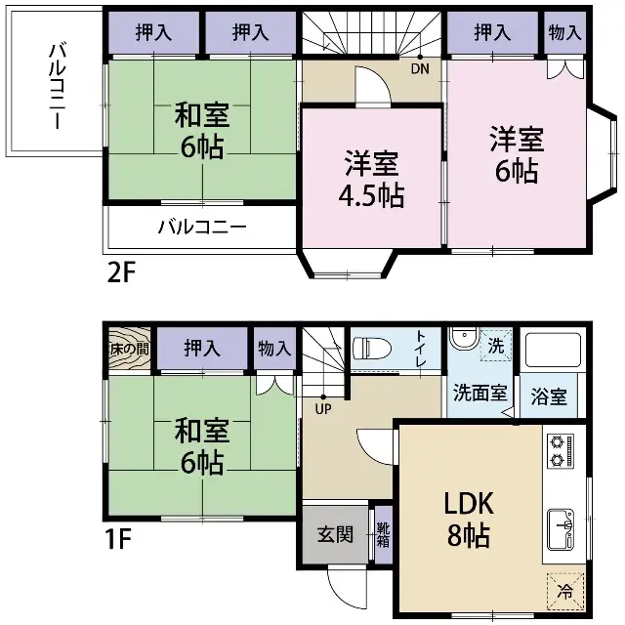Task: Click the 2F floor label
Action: [x=122, y=271]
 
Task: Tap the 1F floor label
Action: [x=121, y=536]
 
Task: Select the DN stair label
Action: [x=419, y=69]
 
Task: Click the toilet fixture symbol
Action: [x=371, y=349]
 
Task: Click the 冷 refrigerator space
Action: [x=564, y=590]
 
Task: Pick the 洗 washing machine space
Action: [x=495, y=345]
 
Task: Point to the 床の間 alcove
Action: [x=130, y=348]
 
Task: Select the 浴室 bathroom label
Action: [x=549, y=396]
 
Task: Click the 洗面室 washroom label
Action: [x=479, y=394]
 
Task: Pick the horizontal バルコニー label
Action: [x=203, y=229]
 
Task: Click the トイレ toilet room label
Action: [x=421, y=349]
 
